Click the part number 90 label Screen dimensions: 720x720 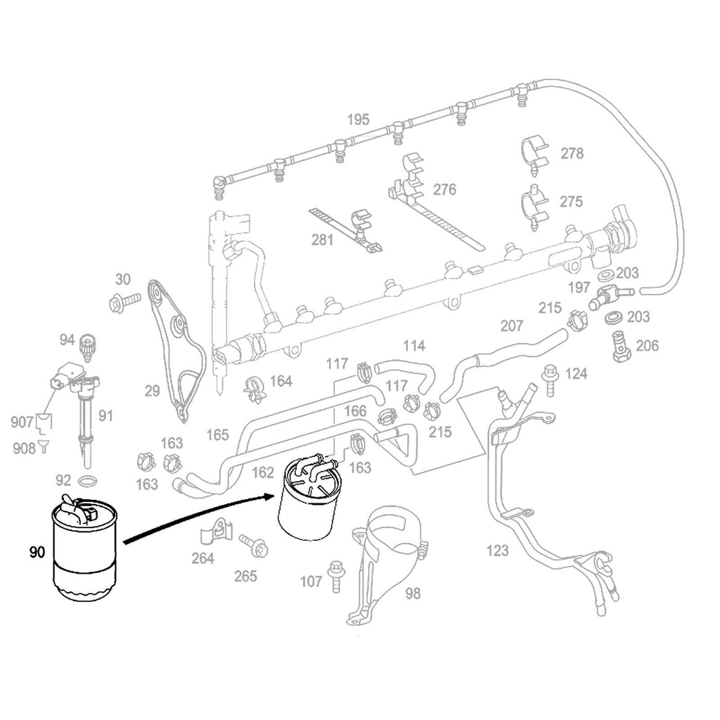coord(37,553)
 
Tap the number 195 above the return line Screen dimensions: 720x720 coord(358,120)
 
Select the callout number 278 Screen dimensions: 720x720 coord(572,153)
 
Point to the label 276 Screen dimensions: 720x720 coord(444,190)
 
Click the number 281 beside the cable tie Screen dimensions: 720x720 coord(323,240)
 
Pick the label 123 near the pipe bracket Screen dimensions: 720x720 coord(497,551)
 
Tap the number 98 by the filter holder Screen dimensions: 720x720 coord(413,593)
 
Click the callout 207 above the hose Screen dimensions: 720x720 coord(512,326)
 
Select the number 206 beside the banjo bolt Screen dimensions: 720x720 coord(648,345)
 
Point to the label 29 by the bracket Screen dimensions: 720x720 coord(153,392)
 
